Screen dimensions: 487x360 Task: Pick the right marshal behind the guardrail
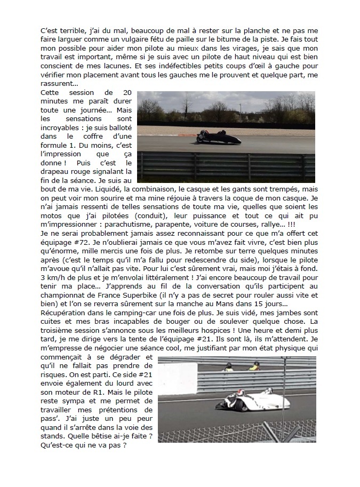253,366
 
